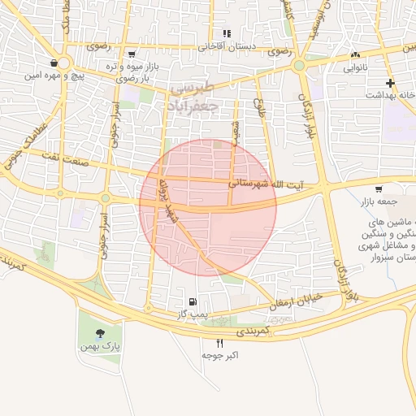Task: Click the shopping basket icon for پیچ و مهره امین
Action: [54, 63]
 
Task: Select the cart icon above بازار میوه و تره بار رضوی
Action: [131, 54]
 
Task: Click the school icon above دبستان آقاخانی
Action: [227, 33]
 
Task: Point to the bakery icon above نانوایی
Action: [354, 55]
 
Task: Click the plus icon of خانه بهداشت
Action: [391, 83]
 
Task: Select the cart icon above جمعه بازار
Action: [379, 188]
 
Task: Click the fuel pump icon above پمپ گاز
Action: [192, 301]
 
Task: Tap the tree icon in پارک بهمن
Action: [100, 333]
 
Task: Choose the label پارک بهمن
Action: [99, 347]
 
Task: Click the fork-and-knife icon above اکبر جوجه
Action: [219, 344]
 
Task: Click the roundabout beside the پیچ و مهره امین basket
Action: [64, 63]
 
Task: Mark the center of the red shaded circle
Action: [208, 207]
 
